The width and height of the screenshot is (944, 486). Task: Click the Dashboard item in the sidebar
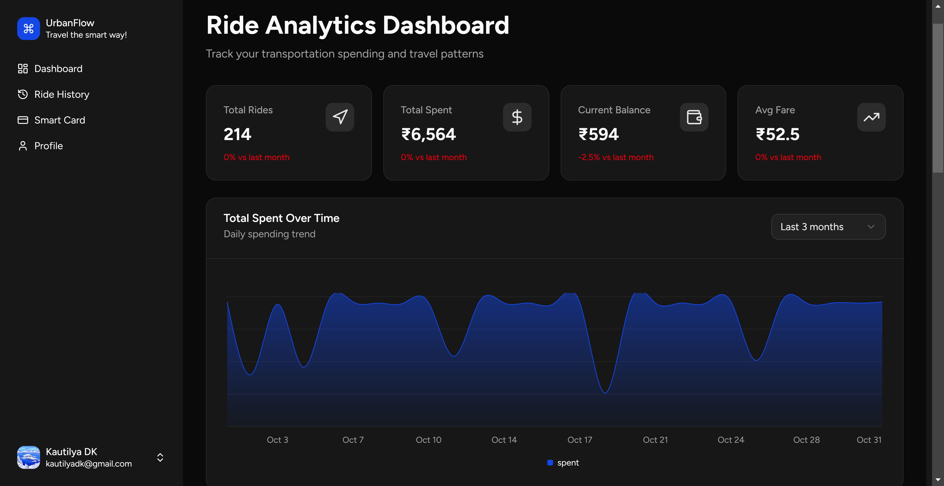point(58,69)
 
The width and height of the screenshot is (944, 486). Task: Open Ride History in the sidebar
point(61,95)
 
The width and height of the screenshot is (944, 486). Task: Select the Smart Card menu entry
point(59,120)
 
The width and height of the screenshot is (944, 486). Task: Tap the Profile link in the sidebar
point(48,146)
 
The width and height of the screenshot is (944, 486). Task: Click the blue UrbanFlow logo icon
point(28,29)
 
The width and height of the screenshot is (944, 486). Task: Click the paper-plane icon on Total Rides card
point(340,117)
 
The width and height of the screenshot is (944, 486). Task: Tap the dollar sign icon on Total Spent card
point(517,117)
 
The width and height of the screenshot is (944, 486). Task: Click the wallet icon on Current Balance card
point(694,117)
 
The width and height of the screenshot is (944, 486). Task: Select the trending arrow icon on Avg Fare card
point(871,117)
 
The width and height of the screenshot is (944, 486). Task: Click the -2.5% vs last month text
point(616,157)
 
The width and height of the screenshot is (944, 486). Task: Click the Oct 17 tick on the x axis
point(579,440)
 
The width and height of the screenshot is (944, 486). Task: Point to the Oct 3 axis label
point(277,440)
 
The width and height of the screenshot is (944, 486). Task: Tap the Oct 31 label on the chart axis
point(869,440)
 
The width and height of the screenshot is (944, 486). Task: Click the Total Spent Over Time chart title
point(281,218)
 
